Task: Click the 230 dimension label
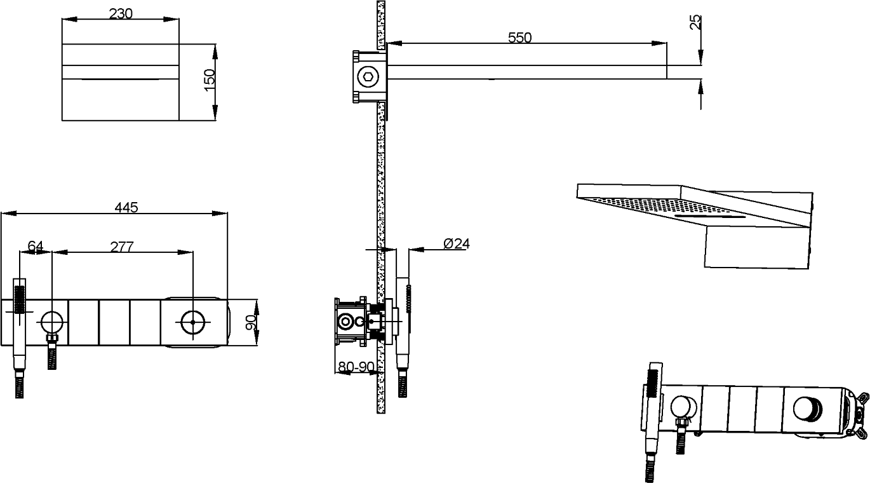tap(121, 13)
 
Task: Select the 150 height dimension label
tap(210, 80)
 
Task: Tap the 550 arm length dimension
tap(519, 37)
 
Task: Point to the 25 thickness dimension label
tap(695, 22)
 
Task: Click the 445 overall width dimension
tap(126, 208)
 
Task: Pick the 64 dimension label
tap(36, 246)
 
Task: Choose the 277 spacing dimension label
tap(121, 247)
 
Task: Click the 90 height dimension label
tap(251, 322)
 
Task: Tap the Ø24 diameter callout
tap(457, 243)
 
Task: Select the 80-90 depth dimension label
tap(356, 367)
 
